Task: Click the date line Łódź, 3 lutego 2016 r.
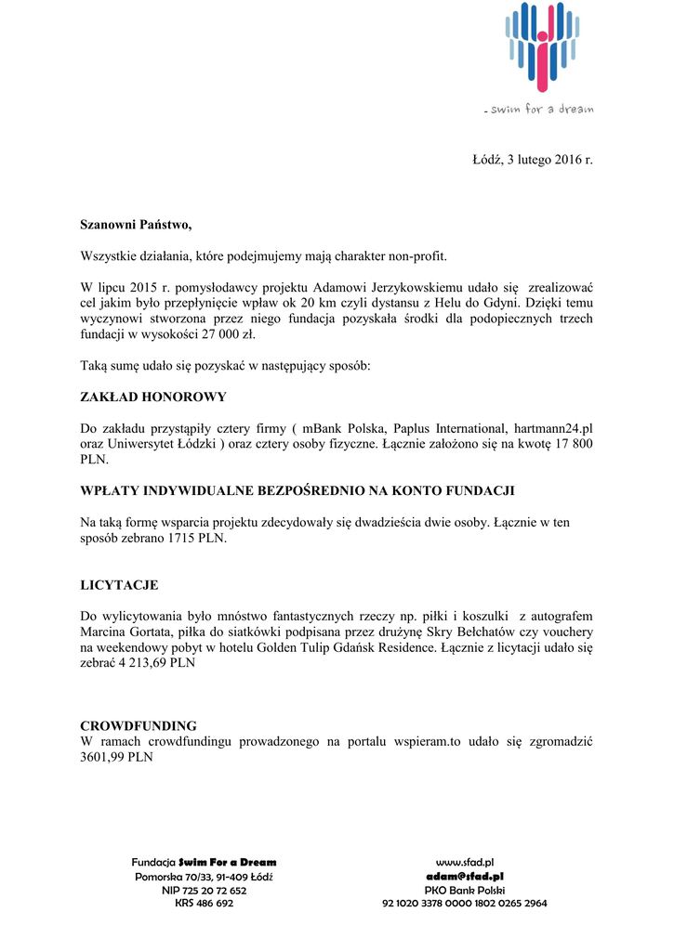[x=533, y=160]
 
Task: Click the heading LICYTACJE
[x=119, y=585]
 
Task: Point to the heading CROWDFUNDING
[x=138, y=725]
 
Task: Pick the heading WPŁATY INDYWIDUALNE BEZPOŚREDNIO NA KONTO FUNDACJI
[x=297, y=489]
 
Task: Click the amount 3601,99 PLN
[x=116, y=757]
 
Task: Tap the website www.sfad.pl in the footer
[x=464, y=863]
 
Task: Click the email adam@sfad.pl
[x=464, y=876]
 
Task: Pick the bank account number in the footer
[x=464, y=903]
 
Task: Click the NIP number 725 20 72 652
[x=204, y=890]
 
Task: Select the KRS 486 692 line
[x=204, y=903]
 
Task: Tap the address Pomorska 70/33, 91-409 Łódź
[x=204, y=876]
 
